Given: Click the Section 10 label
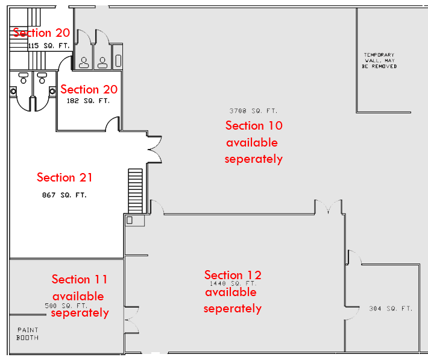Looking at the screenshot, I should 254,125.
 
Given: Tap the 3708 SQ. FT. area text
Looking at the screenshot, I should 253,110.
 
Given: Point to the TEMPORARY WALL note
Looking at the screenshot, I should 379,60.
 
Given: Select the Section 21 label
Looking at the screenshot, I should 65,177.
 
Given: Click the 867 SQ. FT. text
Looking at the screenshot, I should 65,195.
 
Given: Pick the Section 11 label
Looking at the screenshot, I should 80,279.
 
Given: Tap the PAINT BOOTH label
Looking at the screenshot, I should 28,333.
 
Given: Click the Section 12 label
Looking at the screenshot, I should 233,275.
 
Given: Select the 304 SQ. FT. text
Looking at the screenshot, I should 391,309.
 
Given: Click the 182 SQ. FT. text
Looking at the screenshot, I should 88,101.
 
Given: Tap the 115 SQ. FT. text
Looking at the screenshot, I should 49,45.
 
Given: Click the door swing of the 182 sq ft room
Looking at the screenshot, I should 112,125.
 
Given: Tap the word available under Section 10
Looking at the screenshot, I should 252,143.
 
